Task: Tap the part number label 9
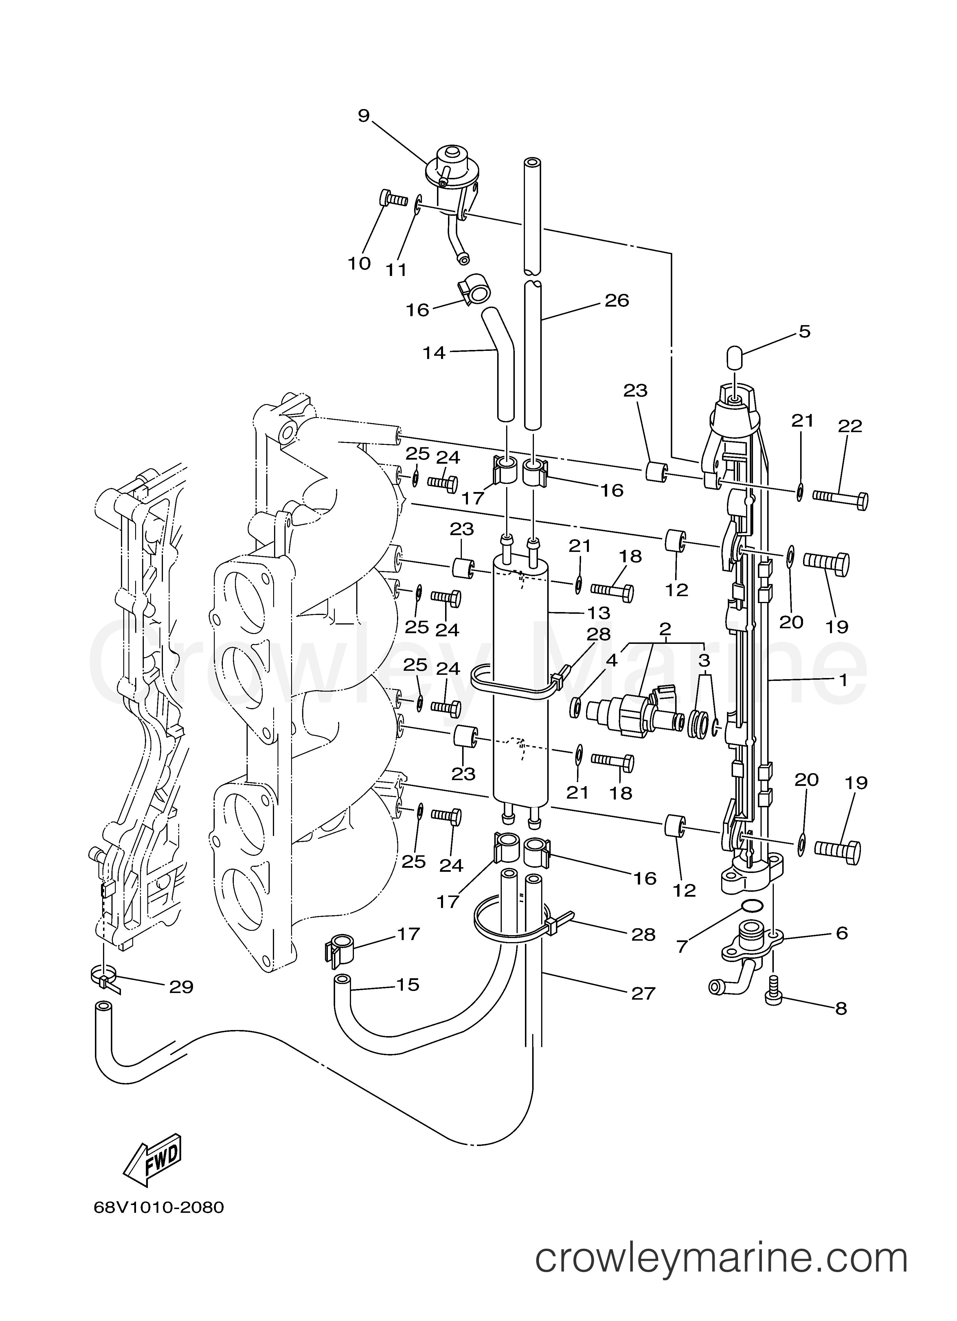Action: [x=364, y=116]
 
